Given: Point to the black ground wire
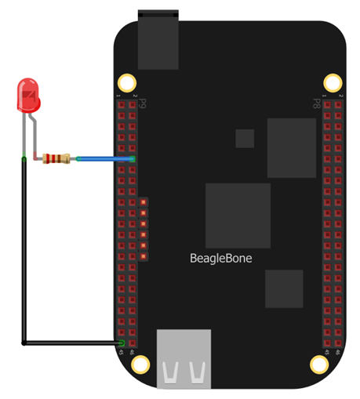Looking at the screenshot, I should click(x=24, y=259).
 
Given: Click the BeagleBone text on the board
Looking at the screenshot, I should click(x=221, y=258).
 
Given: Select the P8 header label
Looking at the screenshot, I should click(x=317, y=103).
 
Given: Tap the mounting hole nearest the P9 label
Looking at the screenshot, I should click(x=126, y=82).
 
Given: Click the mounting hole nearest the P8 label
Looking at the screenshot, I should click(x=334, y=82).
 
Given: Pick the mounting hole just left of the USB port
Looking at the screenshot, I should click(x=140, y=365).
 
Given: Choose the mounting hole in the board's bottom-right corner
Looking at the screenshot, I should click(x=319, y=365).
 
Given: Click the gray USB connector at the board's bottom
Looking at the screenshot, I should click(x=184, y=358).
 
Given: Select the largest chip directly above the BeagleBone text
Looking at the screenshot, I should click(x=238, y=216).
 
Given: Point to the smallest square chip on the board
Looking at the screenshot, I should click(x=245, y=139).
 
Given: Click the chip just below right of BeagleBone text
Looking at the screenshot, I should click(x=283, y=288).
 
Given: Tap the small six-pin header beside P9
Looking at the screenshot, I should click(x=144, y=228).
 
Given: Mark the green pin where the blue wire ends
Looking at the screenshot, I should click(x=132, y=159).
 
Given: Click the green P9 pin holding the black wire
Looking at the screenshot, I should click(x=122, y=343).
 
